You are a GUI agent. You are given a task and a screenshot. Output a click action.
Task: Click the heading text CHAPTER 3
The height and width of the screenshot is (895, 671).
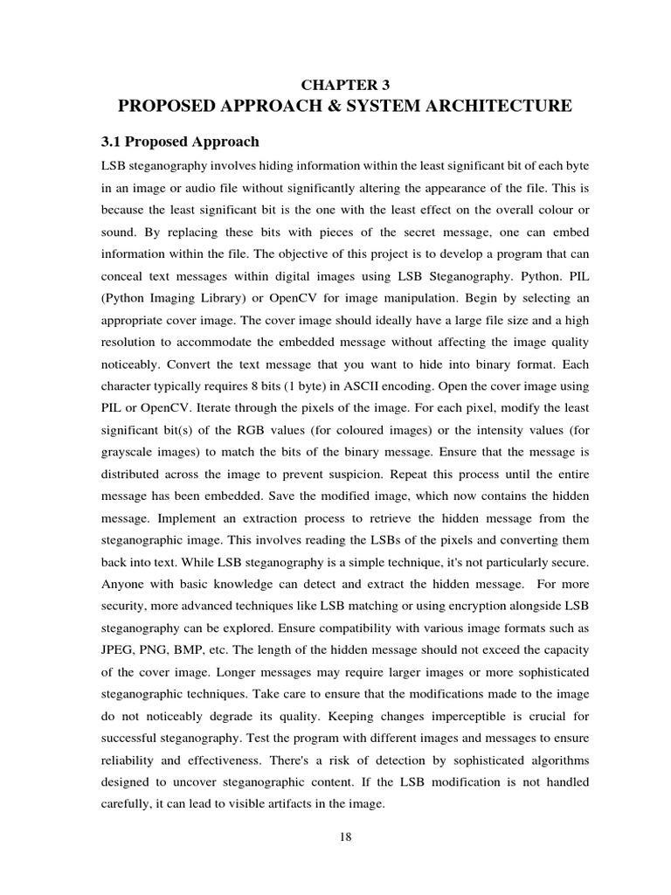coord(345,85)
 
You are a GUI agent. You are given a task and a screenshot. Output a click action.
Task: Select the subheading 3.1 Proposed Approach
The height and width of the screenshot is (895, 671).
coord(181,142)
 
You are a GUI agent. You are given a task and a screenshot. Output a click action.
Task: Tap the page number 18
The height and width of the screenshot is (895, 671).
coord(345,837)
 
